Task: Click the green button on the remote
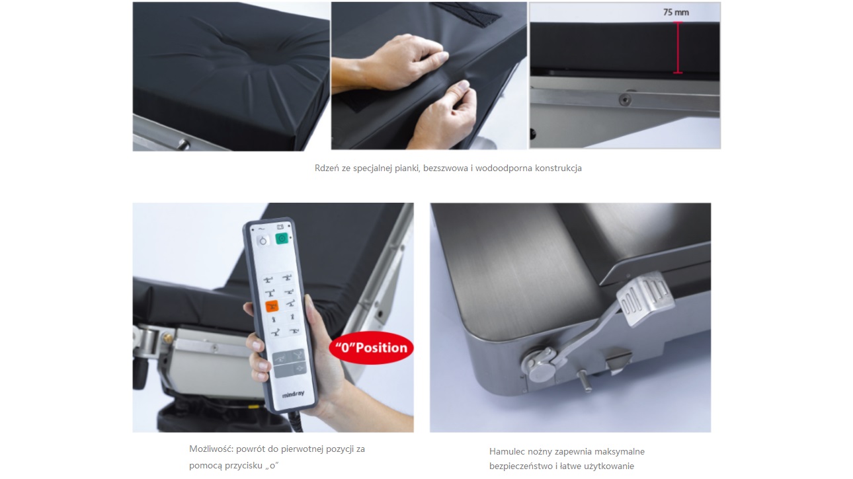pyautogui.click(x=282, y=239)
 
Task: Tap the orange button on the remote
pyautogui.click(x=272, y=305)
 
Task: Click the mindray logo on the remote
pyautogui.click(x=293, y=394)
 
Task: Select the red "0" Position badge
pyautogui.click(x=371, y=348)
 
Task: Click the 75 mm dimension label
pyautogui.click(x=676, y=12)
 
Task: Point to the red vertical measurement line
pyautogui.click(x=678, y=47)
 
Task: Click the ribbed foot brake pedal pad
pyautogui.click(x=645, y=298)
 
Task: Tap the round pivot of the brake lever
pyautogui.click(x=540, y=365)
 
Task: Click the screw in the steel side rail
pyautogui.click(x=625, y=100)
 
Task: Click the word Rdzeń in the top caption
pyautogui.click(x=327, y=168)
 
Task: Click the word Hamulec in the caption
pyautogui.click(x=504, y=452)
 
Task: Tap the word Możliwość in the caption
pyautogui.click(x=210, y=449)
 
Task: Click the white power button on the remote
pyautogui.click(x=263, y=241)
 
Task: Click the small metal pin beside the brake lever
pyautogui.click(x=583, y=381)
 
